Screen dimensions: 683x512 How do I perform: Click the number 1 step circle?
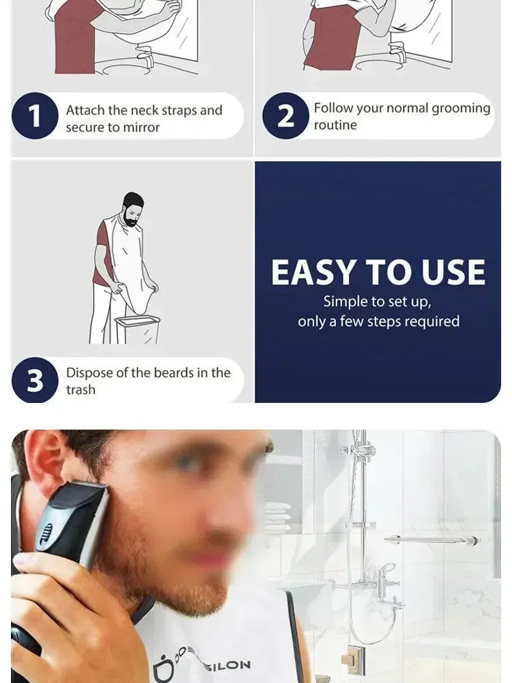[x=34, y=116]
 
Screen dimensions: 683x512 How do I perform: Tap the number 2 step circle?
[x=285, y=115]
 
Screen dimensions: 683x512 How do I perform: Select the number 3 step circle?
[x=34, y=380]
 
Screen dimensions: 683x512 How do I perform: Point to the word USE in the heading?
[x=453, y=273]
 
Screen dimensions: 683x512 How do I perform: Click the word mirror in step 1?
[x=141, y=128]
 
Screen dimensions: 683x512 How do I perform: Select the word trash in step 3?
[x=81, y=390]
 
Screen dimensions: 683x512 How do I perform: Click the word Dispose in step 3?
[x=88, y=373]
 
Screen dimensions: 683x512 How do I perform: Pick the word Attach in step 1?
[x=85, y=111]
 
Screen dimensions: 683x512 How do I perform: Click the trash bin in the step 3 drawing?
[x=138, y=329]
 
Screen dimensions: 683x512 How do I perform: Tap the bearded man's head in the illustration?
[x=133, y=208]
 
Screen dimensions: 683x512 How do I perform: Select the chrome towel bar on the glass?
[x=430, y=540]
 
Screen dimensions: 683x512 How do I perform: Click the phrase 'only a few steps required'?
[x=378, y=321]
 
